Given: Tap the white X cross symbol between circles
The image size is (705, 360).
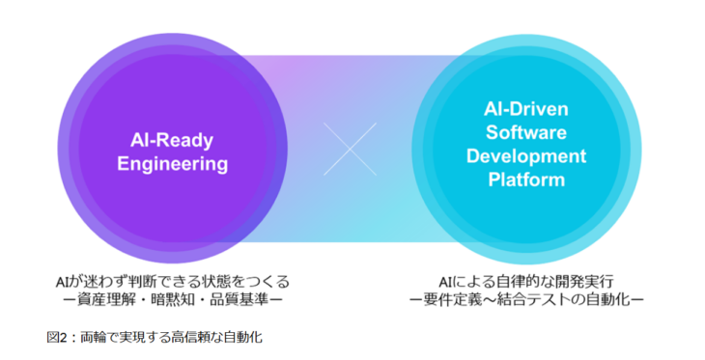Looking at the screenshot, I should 351,149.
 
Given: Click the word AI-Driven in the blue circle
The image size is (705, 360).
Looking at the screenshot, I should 525,110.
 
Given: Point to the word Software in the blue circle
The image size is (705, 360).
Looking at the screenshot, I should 525,132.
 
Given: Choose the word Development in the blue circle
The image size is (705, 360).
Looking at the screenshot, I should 525,155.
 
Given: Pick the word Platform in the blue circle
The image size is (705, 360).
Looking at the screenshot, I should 525,179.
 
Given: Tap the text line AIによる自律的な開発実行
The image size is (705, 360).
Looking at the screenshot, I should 525,281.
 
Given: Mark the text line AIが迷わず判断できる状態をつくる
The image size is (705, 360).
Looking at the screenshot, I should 172,281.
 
